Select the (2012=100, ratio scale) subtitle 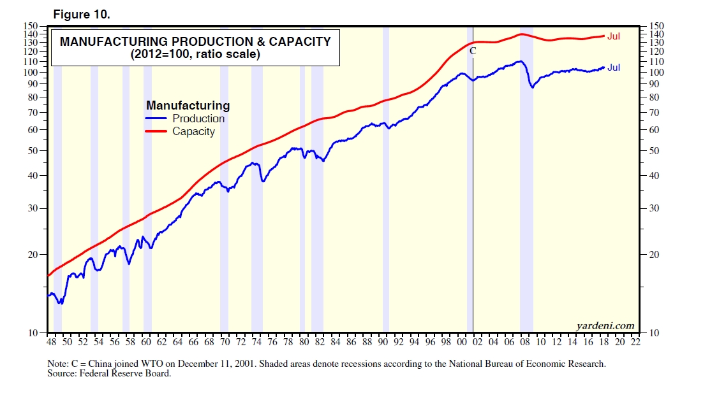tap(195, 55)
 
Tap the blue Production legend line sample tap(157, 118)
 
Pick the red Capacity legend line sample tap(157, 131)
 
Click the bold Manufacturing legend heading tap(188, 106)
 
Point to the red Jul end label tap(614, 36)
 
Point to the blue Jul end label tap(614, 68)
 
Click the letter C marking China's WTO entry tap(473, 51)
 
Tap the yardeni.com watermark tap(605, 326)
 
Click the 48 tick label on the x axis tap(51, 342)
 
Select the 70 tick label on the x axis tap(225, 342)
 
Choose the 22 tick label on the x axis tap(635, 342)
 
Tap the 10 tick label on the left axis tap(34, 332)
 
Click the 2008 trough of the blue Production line tap(533, 87)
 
